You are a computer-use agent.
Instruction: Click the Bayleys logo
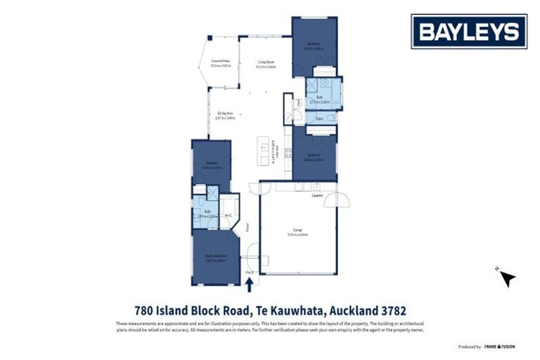coord(468,32)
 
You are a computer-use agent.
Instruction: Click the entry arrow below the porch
coord(249,283)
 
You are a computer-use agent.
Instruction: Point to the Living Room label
coord(266,63)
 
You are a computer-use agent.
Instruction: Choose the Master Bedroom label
coord(215,257)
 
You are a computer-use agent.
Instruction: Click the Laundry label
coord(317,196)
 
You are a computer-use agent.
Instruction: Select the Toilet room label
coord(319,119)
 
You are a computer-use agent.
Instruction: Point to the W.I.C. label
coord(229,215)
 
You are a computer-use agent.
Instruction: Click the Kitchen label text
coord(278,150)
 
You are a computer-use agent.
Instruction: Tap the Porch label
coord(249,271)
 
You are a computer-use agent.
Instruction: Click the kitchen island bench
coord(264,150)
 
